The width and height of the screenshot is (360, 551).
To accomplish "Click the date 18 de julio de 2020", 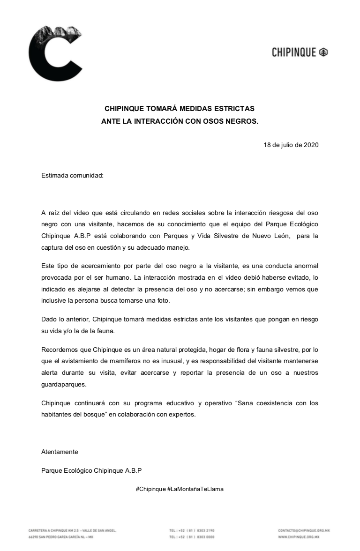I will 291,145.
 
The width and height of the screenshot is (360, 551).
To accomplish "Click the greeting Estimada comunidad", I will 72,176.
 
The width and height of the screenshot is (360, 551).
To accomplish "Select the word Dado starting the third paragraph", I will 49,320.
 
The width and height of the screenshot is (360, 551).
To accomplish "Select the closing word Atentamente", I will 60,452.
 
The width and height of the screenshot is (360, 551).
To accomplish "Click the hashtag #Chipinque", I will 150,489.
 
